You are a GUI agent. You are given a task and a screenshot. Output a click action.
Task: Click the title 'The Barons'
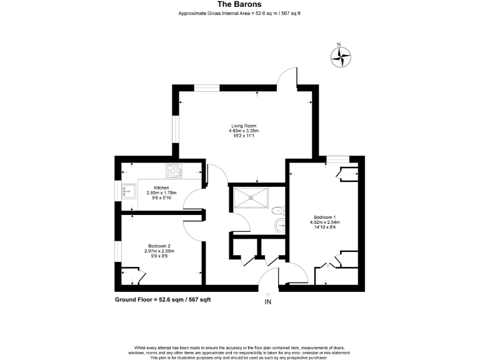tap(239, 5)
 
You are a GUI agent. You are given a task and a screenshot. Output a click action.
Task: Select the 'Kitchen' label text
tap(161, 188)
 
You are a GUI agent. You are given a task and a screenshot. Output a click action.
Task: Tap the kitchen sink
tap(130, 191)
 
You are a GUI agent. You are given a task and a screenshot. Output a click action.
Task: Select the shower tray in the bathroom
tap(250, 199)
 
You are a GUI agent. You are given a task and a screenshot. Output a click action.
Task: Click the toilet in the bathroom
tap(279, 226)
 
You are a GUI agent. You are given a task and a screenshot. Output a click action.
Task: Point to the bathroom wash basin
tap(283, 210)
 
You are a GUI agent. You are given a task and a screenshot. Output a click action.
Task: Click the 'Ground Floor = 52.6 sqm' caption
tap(162, 300)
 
